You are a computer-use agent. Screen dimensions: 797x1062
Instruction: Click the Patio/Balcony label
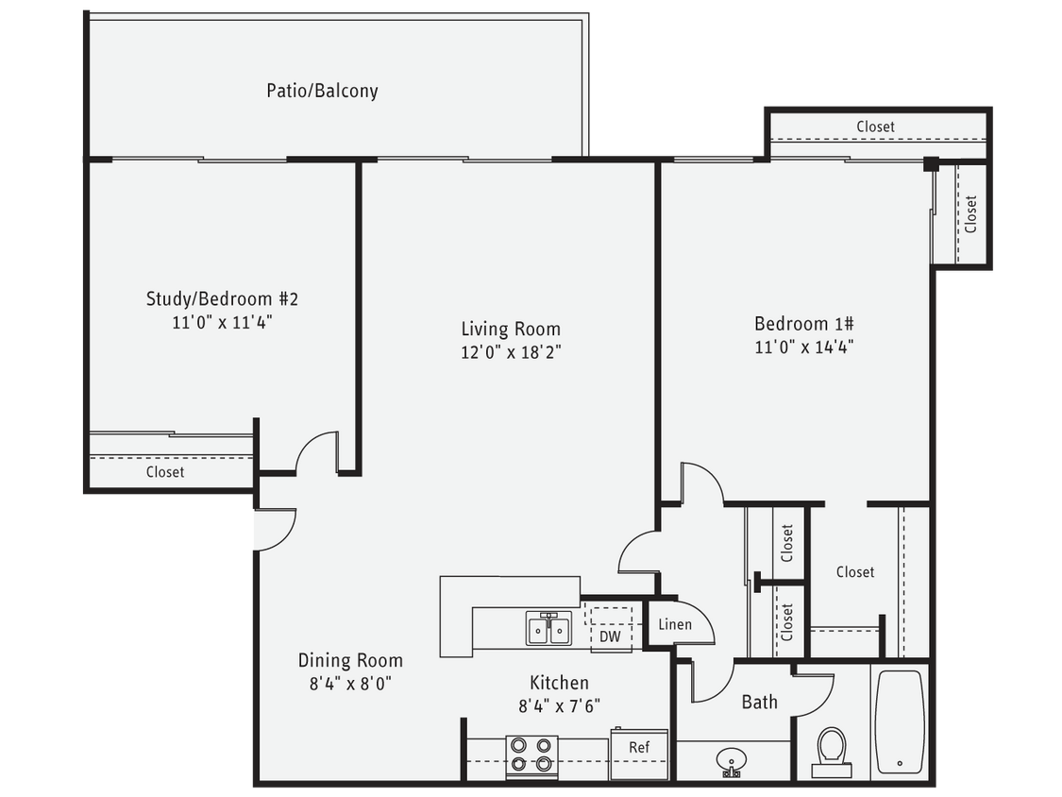coord(322,91)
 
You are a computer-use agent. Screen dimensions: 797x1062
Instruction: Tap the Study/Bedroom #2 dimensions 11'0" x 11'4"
coord(223,321)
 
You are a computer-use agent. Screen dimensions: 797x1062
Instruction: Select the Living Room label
coord(511,329)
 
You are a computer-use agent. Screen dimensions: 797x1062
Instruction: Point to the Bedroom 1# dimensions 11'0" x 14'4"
coord(805,346)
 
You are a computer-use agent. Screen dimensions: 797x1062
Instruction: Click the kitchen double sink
coord(548,629)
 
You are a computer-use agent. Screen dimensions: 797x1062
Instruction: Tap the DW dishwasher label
coord(609,636)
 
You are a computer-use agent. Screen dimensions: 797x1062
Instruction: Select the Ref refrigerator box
coord(639,747)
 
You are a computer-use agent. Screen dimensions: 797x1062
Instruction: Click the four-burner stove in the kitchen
coord(531,755)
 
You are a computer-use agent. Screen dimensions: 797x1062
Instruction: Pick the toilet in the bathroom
coord(832,750)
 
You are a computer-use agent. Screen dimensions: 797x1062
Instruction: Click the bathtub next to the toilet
coord(899,721)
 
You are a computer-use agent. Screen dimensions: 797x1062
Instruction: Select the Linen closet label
coord(674,624)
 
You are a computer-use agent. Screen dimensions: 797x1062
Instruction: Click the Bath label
coord(759,702)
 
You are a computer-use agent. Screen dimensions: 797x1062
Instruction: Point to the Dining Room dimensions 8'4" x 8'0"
coord(350,683)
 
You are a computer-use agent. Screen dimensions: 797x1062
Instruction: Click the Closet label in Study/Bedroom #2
coord(165,472)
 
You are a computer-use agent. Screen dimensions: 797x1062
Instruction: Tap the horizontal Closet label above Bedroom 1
coord(875,127)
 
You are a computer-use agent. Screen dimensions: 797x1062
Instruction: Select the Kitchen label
coord(559,683)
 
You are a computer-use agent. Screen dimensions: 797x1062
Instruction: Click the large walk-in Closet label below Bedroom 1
coord(855,571)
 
